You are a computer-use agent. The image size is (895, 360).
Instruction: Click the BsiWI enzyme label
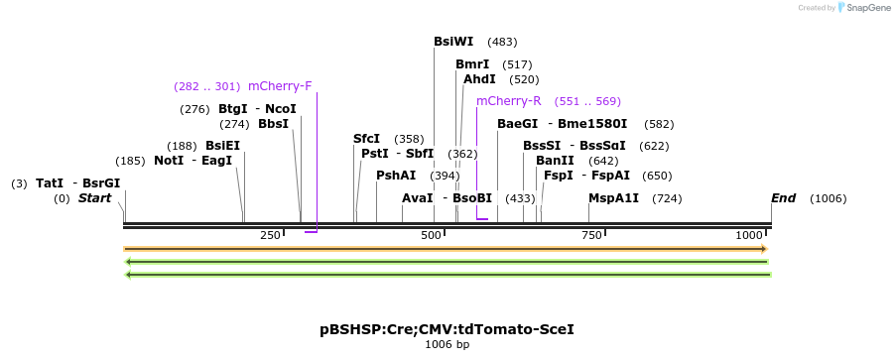[453, 42]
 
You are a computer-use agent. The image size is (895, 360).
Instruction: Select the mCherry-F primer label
[280, 86]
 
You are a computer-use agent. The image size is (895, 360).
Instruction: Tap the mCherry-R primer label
[509, 101]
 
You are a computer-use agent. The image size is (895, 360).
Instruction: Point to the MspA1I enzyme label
[613, 198]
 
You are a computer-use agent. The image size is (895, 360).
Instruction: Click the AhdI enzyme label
[479, 79]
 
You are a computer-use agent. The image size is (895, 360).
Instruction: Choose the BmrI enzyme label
[472, 64]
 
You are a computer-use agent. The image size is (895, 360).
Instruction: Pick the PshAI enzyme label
[396, 176]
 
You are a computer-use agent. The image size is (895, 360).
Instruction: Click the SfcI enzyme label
[366, 139]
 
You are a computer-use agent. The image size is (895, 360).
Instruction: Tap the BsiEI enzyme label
[222, 146]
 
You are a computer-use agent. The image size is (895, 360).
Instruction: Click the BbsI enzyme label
[273, 124]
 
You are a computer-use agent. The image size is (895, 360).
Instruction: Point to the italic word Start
[94, 198]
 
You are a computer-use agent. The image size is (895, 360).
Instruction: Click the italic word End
[784, 198]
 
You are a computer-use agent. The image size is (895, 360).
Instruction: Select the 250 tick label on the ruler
[270, 235]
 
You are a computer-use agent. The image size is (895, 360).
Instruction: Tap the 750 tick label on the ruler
[591, 235]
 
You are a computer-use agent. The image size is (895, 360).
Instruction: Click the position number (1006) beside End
[829, 199]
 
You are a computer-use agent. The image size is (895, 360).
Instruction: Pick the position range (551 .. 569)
[587, 101]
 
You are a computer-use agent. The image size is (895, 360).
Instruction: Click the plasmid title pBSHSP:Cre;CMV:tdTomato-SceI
[447, 328]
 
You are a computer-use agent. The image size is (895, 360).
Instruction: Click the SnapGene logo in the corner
[862, 8]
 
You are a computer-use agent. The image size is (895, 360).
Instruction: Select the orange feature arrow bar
[446, 249]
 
